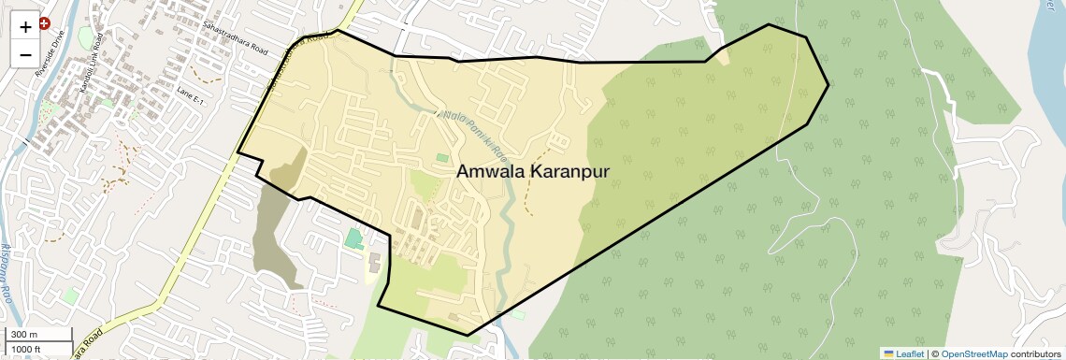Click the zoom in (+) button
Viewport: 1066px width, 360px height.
point(25,26)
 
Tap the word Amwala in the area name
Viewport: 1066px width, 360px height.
point(490,172)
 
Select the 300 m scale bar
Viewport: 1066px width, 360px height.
point(37,335)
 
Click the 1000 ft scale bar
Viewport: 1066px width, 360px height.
point(37,349)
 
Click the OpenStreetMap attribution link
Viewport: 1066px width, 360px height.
point(973,353)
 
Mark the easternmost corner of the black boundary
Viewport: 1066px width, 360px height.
point(828,85)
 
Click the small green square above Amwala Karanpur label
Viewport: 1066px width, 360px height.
point(441,158)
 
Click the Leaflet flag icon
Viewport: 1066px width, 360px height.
point(888,353)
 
